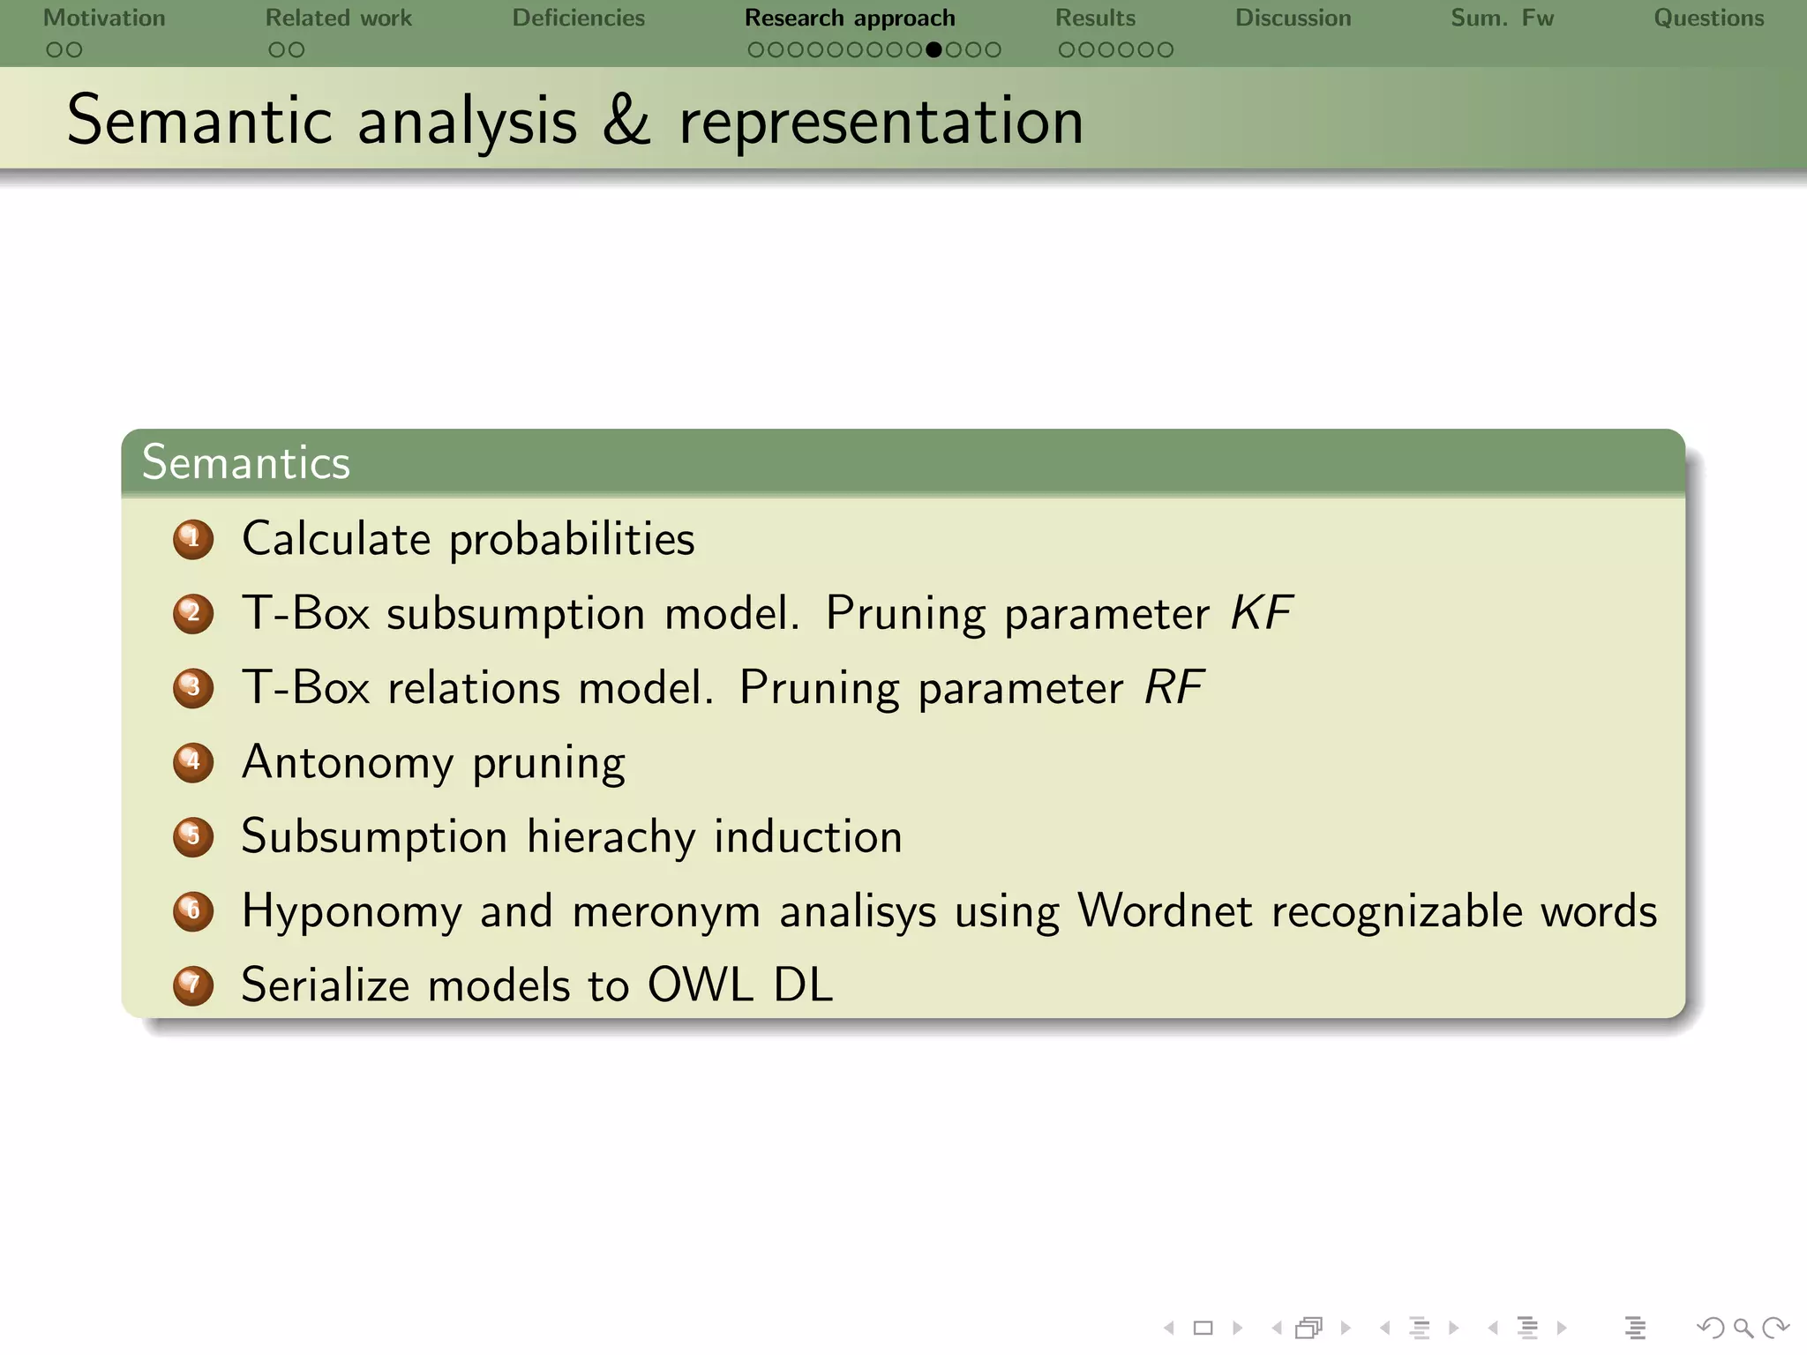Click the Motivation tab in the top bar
pos(104,18)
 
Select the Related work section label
pos(339,18)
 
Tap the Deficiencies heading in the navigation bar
pos(579,18)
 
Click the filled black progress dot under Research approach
pos(933,50)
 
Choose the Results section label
pos(1095,18)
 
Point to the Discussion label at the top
pos(1293,18)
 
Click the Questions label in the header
pos(1708,18)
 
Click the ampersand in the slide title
pos(626,121)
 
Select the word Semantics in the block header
pos(246,462)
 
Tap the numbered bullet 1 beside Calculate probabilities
pos(193,539)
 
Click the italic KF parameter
pos(1262,613)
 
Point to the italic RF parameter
pos(1173,687)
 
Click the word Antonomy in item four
pos(347,762)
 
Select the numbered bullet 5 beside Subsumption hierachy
pos(193,836)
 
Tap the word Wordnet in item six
pos(1165,910)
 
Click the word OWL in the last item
pos(701,984)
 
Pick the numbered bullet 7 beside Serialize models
pos(193,985)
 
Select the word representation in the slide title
pos(881,121)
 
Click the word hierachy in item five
pos(611,836)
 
